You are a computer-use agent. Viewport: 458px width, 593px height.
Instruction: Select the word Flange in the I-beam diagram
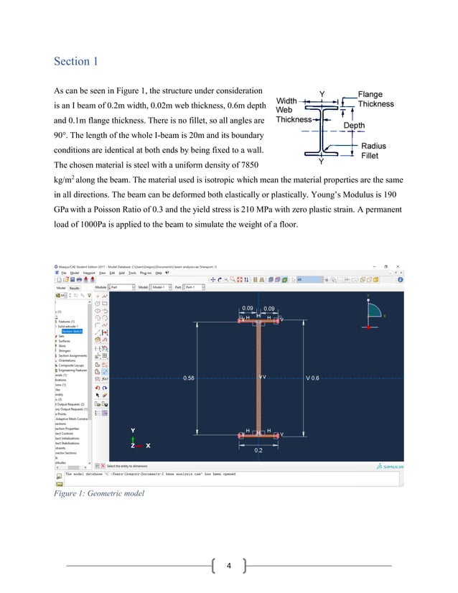coord(371,95)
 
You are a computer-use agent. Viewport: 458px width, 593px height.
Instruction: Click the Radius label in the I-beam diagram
coord(373,146)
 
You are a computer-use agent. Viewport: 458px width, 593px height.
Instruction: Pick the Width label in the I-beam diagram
coord(287,101)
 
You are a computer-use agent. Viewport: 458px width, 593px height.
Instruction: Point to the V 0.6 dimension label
coord(314,378)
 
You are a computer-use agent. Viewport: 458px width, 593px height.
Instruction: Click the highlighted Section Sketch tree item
coord(72,331)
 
